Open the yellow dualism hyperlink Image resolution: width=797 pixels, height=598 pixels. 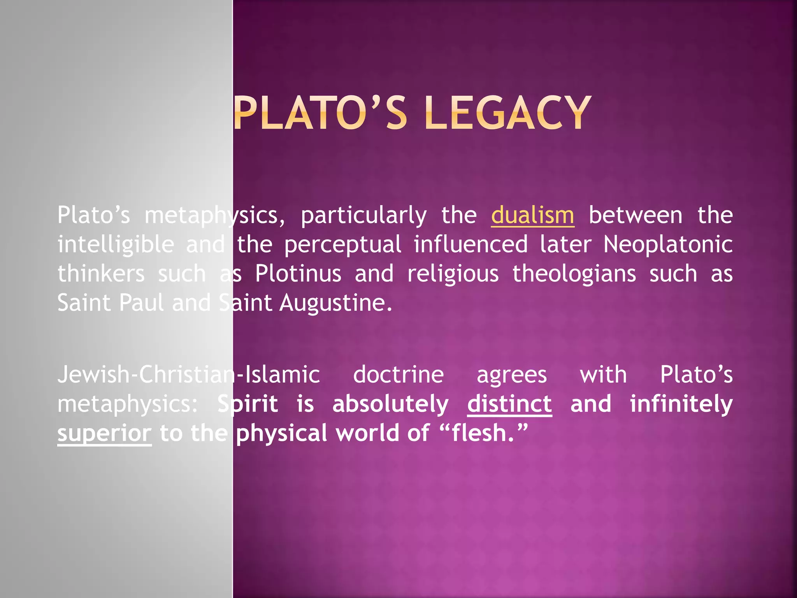[532, 215]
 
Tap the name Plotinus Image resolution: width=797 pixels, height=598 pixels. [298, 273]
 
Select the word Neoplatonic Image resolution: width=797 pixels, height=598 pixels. [668, 244]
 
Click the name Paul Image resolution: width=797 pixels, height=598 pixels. [141, 303]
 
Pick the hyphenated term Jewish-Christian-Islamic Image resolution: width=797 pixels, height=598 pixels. [189, 375]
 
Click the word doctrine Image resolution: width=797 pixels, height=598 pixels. [398, 375]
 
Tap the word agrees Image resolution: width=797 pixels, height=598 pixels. [512, 375]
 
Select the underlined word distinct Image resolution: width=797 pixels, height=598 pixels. [509, 404]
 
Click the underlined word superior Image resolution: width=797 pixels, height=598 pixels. [104, 433]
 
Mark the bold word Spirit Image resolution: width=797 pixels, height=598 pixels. [248, 404]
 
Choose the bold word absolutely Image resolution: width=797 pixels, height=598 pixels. [390, 404]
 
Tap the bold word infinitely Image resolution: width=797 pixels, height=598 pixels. [681, 404]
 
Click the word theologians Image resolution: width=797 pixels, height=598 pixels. [574, 273]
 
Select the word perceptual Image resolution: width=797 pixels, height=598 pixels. [342, 244]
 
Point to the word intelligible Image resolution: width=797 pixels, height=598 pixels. [116, 244]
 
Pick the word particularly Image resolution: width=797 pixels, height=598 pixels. [363, 216]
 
